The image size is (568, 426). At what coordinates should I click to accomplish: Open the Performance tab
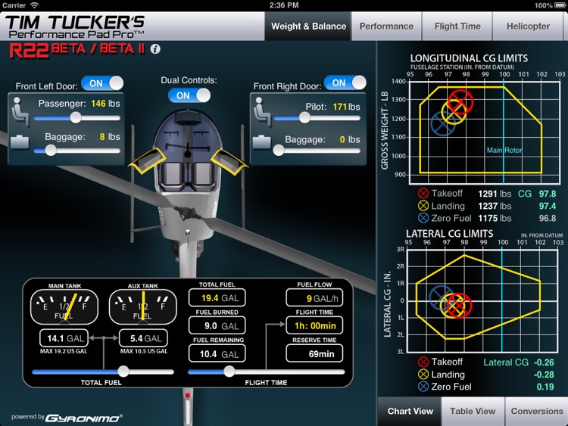click(386, 26)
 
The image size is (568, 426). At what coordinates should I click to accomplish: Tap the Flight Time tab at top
click(457, 26)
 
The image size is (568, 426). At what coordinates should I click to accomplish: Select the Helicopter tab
click(528, 26)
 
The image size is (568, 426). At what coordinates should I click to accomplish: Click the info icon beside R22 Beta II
click(155, 49)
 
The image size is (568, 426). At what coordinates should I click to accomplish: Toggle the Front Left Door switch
click(102, 83)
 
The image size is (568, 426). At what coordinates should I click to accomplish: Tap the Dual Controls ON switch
click(189, 95)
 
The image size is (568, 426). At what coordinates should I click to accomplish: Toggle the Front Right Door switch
click(345, 83)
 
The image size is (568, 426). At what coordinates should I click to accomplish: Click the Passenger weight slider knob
click(76, 117)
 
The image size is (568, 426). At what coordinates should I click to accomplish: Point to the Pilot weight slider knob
click(304, 117)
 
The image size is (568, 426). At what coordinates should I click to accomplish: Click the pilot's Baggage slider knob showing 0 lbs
click(279, 151)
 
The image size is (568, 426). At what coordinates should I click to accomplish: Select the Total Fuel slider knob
click(123, 372)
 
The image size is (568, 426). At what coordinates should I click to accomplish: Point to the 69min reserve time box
click(314, 353)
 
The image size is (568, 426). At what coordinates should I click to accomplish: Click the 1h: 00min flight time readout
click(314, 325)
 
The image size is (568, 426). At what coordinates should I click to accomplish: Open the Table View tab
click(473, 411)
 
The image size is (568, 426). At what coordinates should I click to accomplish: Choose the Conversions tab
click(536, 411)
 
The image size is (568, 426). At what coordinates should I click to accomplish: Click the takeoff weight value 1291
click(488, 194)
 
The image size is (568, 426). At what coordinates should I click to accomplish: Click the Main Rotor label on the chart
click(504, 151)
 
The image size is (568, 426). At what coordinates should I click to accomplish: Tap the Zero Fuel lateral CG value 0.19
click(545, 387)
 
